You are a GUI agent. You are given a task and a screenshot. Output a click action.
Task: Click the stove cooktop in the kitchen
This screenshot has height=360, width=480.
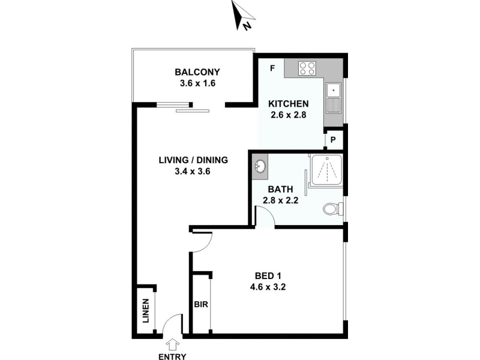(x=307, y=68)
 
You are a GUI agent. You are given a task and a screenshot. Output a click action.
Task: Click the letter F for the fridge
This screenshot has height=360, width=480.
(x=272, y=68)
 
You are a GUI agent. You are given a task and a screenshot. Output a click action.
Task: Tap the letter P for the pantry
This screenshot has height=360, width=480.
(x=334, y=142)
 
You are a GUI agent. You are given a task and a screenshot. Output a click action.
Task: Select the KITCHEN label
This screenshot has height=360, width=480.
(x=289, y=103)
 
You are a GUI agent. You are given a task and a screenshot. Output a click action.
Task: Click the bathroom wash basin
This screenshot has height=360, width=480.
(x=260, y=166)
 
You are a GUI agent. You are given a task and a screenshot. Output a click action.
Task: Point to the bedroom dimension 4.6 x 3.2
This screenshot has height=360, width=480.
(x=269, y=287)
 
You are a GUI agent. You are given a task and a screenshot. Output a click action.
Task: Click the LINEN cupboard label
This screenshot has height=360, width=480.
(x=146, y=312)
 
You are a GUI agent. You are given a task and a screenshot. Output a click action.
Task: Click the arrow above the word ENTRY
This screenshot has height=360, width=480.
(x=174, y=344)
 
